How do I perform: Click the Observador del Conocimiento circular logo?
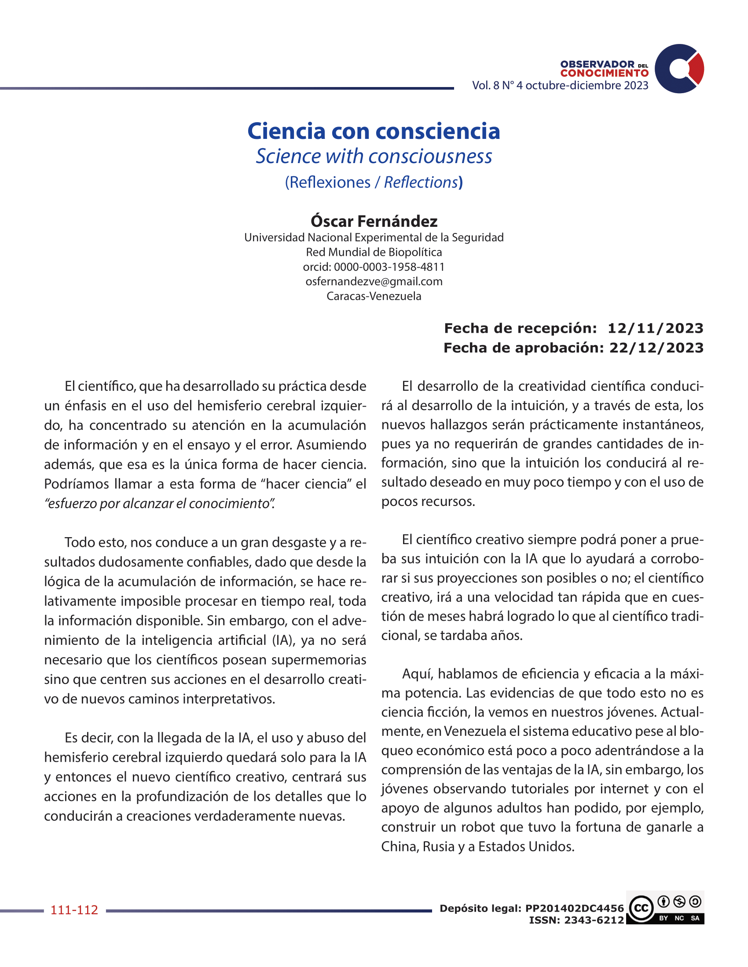(x=679, y=69)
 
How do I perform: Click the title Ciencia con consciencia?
(x=374, y=131)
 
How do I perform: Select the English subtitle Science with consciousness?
(x=374, y=156)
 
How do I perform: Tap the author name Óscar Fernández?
(x=374, y=221)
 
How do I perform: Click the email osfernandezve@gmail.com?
(x=374, y=282)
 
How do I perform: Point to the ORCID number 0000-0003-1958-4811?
(x=389, y=267)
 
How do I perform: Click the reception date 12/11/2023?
(x=655, y=328)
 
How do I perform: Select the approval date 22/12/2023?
(x=656, y=348)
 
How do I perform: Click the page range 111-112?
(x=74, y=910)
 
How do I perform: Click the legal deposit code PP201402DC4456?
(x=574, y=908)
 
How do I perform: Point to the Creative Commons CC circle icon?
(x=641, y=909)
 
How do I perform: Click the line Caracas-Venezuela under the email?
(x=374, y=296)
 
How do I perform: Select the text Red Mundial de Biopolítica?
(x=374, y=252)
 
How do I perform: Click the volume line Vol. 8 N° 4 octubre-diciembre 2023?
(x=560, y=85)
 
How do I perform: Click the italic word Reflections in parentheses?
(x=421, y=182)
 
